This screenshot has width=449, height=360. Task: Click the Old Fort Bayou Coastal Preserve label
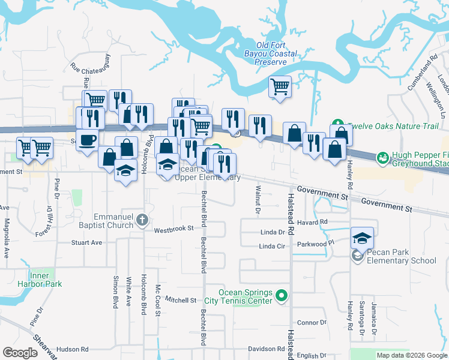(276, 53)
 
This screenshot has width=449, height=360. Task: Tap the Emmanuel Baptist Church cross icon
(141, 219)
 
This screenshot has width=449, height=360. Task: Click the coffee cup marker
(88, 140)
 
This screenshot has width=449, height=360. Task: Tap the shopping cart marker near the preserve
(280, 87)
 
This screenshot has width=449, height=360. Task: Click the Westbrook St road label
(173, 229)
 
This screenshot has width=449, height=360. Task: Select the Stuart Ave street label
(86, 243)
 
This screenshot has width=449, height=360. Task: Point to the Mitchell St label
(181, 300)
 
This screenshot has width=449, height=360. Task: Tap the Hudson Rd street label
(72, 349)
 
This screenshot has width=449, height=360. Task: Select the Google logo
(20, 353)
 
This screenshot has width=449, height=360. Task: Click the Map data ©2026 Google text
(411, 355)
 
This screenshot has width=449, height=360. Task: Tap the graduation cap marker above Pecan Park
(362, 238)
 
